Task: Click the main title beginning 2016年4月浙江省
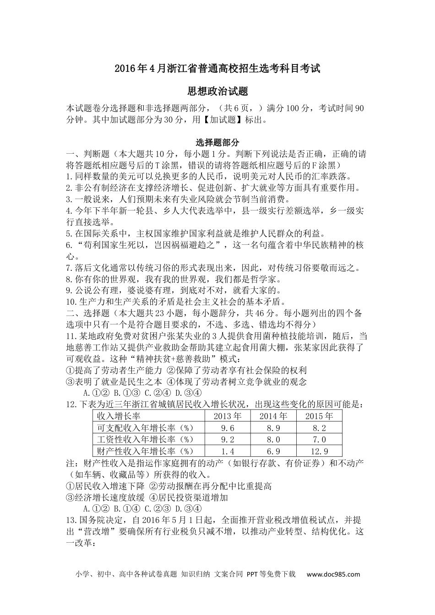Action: [217, 69]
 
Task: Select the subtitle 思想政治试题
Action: [217, 92]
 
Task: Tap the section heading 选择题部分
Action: [217, 143]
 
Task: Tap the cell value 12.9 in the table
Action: [319, 451]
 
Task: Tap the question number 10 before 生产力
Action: [71, 302]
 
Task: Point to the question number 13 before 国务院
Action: [71, 521]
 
